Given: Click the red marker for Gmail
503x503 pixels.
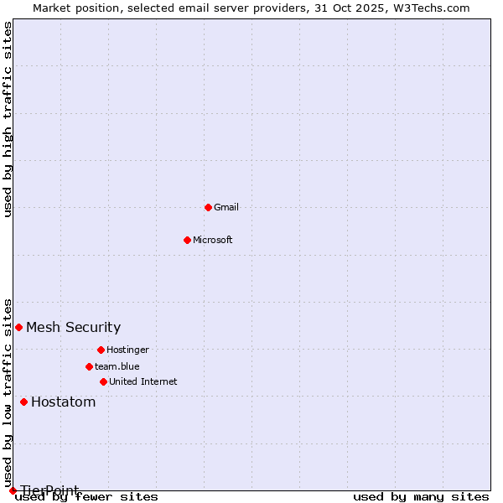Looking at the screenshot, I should coord(208,207).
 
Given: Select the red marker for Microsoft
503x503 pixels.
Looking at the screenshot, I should coord(187,240).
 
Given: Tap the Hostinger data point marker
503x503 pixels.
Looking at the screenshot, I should coord(101,350).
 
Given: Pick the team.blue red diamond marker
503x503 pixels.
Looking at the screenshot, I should coord(89,366).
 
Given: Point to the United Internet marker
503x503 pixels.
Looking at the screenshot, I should coord(103,381).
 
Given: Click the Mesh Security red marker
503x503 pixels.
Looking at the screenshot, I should coord(18,327).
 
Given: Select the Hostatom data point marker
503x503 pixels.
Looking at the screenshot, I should coord(23,402).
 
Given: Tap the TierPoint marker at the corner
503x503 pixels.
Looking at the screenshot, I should coord(13,490).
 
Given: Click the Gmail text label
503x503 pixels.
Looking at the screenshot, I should coord(226,207).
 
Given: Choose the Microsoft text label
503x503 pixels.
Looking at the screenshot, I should coord(213,240).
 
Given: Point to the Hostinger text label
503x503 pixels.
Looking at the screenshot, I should coord(127,350).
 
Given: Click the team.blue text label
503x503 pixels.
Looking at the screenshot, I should coord(117,366).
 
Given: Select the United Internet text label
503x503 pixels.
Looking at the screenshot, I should coord(143,381).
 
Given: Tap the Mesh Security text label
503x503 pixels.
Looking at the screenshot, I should coord(74,327).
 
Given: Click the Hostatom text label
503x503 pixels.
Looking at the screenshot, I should coord(64,402).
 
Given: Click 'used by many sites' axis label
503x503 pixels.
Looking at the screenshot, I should coord(421,497).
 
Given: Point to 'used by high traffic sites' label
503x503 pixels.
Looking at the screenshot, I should coord(8,119).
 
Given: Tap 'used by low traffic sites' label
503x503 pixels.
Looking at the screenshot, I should coord(8,392).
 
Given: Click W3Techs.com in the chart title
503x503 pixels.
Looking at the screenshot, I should coord(429,8).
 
